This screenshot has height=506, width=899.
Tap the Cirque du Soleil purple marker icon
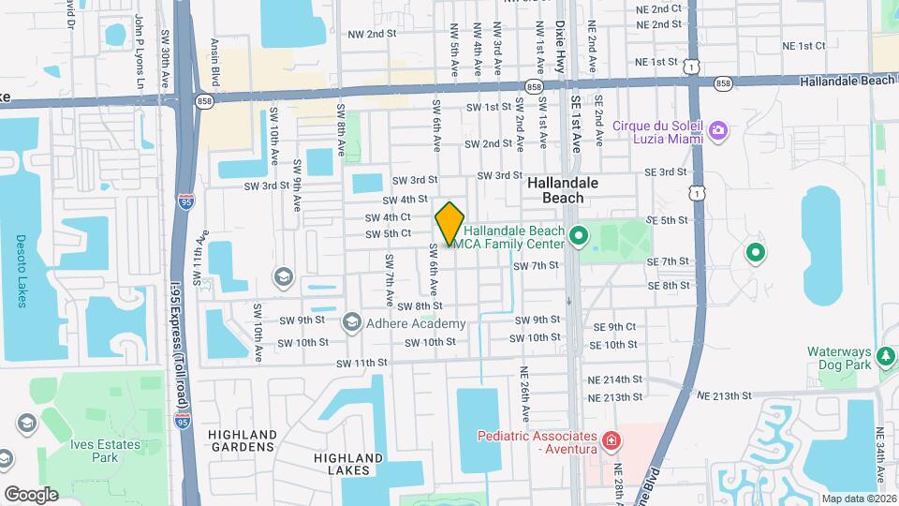tap(718, 130)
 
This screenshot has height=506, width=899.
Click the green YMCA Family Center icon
tap(578, 234)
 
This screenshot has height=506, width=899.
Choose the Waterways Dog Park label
tap(839, 360)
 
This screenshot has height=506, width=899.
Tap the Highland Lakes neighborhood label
tap(348, 464)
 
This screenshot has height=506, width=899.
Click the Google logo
tap(30, 494)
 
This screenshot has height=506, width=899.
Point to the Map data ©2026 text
tap(858, 499)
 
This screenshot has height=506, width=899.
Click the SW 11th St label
tap(361, 363)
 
